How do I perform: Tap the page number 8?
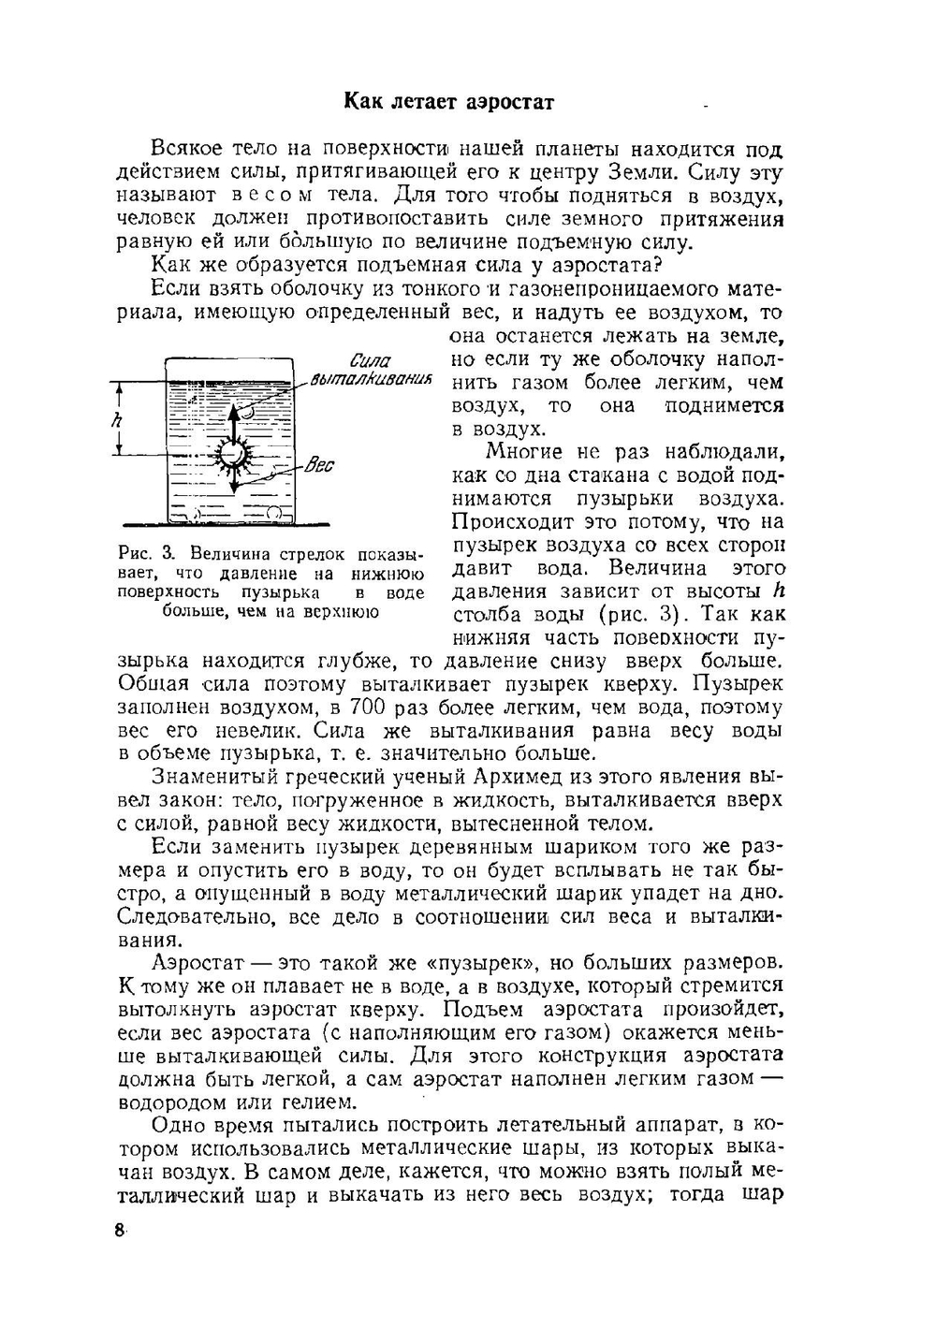120,1230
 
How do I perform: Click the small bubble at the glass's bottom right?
274,513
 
